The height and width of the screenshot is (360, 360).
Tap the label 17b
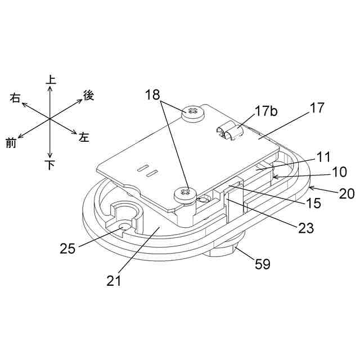tap(266, 111)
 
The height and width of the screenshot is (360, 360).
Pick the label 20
tap(346, 194)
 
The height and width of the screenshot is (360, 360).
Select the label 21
tap(114, 280)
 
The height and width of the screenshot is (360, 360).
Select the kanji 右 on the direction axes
tap(15, 98)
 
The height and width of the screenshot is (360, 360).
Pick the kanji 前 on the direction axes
tap(11, 143)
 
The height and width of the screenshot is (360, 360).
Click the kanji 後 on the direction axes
tap(88, 96)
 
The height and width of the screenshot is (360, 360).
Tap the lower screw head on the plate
tap(184, 195)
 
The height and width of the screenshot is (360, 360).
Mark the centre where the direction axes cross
tap(50, 119)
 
